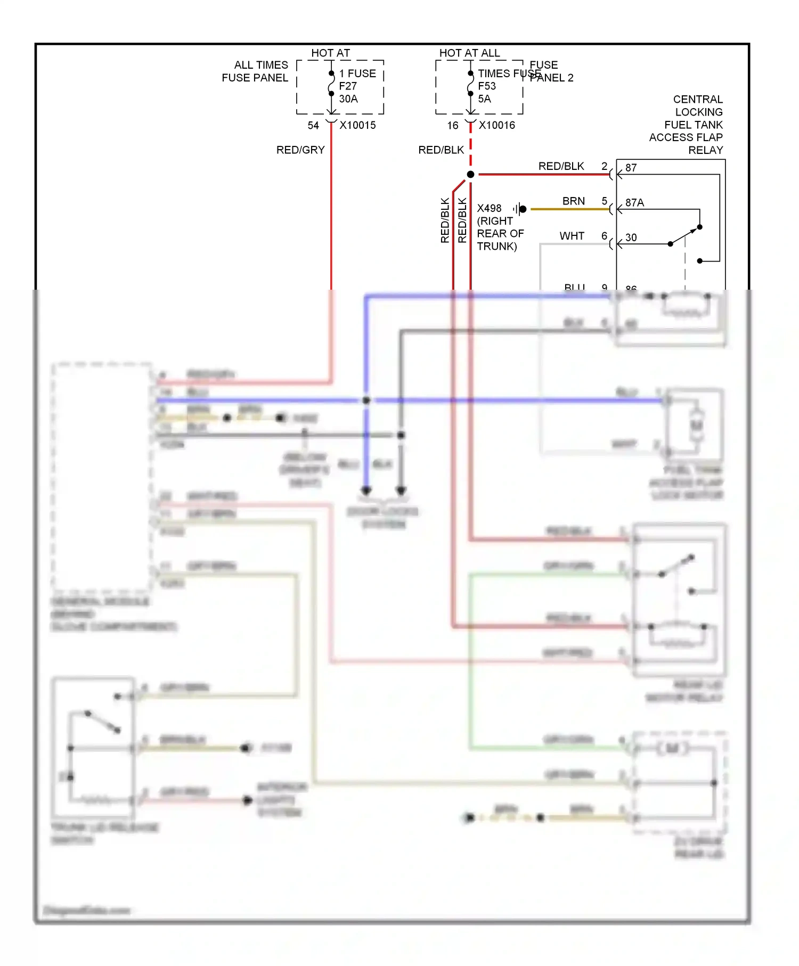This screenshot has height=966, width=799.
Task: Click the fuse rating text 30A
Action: (348, 99)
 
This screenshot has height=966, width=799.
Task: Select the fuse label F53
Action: (486, 86)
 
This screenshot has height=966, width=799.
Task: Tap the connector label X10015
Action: (357, 125)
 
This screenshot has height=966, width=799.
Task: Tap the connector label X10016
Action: (496, 125)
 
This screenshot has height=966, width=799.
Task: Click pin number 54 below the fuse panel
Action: (313, 125)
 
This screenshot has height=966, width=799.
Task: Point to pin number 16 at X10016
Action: (452, 125)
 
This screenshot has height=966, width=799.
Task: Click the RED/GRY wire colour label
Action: (300, 150)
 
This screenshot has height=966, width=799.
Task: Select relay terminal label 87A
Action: (634, 202)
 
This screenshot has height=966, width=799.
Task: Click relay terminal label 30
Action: (631, 238)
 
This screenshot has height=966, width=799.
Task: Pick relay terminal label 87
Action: (631, 168)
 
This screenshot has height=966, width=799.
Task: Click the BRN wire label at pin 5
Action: (573, 201)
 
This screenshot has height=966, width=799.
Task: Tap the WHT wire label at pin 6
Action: (572, 236)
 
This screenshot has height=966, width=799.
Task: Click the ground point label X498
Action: (489, 208)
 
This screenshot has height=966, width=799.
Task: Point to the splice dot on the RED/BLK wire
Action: (470, 175)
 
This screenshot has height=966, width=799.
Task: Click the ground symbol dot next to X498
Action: (523, 209)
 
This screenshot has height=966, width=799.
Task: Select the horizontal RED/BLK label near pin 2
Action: (561, 166)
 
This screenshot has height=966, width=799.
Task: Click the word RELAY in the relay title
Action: (705, 150)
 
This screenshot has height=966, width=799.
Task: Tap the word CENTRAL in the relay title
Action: (698, 100)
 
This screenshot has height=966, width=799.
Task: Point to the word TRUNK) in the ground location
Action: (496, 246)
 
